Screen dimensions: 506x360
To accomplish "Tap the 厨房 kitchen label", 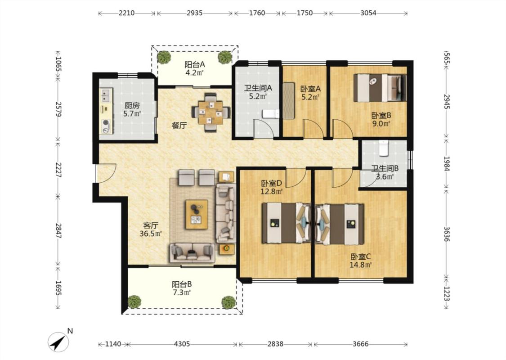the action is [132, 105].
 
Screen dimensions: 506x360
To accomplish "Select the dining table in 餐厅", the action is [211, 112].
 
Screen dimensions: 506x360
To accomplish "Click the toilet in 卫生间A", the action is [270, 114].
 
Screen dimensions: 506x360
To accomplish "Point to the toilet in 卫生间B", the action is [383, 148].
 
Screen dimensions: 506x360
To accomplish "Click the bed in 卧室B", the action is [380, 87].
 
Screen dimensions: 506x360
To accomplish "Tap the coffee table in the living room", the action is [197, 215].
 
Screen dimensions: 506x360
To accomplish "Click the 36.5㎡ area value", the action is [151, 234].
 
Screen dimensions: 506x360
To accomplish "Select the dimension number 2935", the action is [195, 13].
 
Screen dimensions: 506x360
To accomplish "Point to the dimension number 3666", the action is [360, 344].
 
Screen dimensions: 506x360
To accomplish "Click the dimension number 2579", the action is [58, 109].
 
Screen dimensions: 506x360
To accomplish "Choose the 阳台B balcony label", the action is [182, 284].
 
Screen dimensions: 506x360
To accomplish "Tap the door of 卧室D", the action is [296, 178].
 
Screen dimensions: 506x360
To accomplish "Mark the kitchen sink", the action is [106, 95].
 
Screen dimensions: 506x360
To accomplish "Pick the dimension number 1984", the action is [447, 164].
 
